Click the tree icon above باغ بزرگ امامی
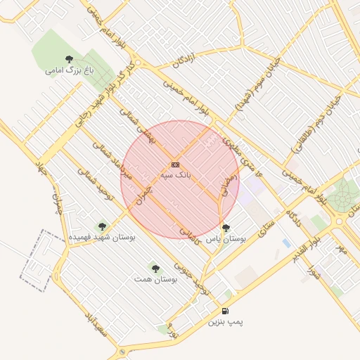69,59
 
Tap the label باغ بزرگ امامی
69,70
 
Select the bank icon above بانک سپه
175,163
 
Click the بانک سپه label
176,174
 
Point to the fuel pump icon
225,311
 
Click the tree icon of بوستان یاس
226,228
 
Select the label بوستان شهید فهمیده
102,238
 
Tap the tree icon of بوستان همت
155,268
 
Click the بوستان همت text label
155,279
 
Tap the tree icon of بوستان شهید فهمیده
102,226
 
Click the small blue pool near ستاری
286,243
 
